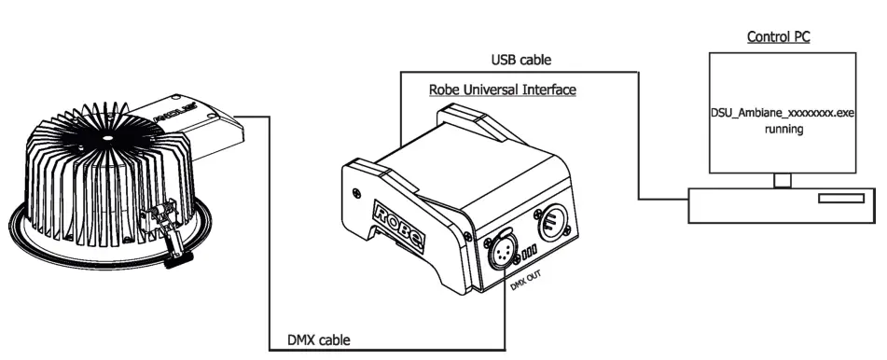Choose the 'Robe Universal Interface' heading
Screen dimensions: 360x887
point(502,90)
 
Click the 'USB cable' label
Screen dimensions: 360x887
point(520,60)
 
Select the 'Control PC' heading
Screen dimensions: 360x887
point(780,37)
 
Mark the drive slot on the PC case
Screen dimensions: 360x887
point(840,199)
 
